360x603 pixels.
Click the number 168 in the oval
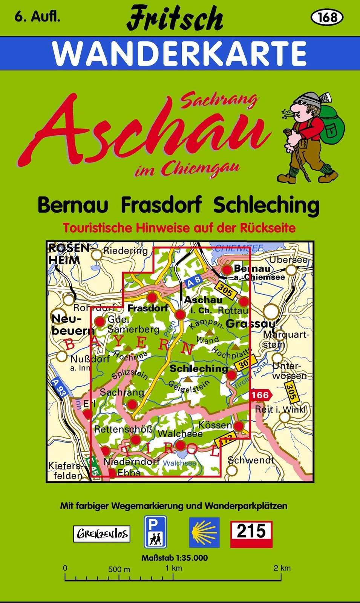326,17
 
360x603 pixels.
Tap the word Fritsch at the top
175,18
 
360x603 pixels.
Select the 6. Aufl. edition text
37,17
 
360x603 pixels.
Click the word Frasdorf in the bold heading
161,205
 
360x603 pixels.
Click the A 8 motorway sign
193,281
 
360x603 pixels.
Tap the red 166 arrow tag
260,395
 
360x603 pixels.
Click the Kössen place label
215,425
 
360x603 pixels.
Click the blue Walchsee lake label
179,463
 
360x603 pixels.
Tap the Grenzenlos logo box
102,534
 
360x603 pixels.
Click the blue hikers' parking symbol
155,532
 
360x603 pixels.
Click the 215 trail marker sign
251,534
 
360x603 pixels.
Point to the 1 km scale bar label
174,568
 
